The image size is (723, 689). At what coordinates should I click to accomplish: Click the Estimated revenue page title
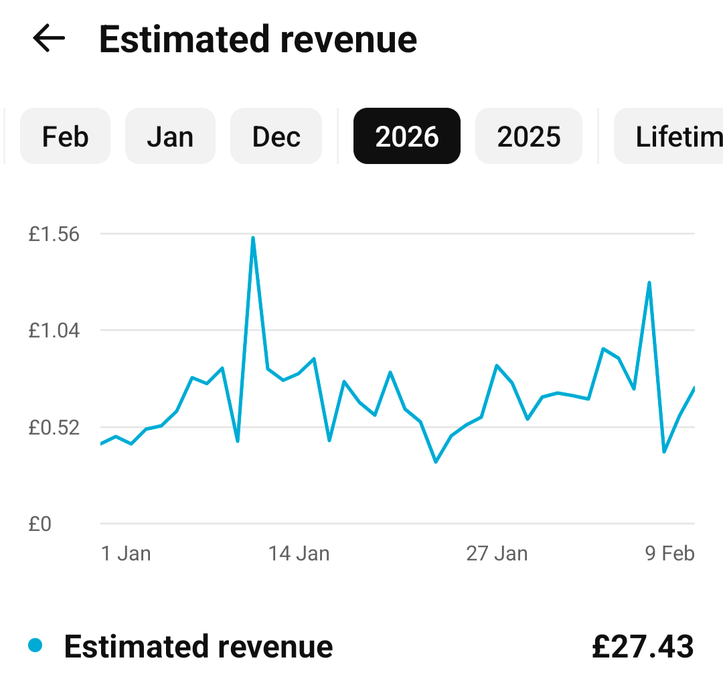(x=258, y=40)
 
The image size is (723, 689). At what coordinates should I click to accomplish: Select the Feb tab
(x=65, y=137)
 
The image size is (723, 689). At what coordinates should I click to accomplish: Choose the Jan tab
(x=170, y=137)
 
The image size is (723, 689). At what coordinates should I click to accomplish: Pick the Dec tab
(x=276, y=137)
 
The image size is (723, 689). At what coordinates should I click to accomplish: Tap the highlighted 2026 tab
(x=407, y=137)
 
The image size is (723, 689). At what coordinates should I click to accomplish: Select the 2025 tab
(x=529, y=137)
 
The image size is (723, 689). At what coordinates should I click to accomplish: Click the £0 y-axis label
(x=40, y=524)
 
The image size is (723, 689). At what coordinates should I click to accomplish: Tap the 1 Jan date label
(x=126, y=554)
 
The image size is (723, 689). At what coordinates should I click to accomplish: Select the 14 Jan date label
(x=299, y=554)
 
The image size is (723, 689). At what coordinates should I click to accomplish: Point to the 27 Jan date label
(x=497, y=554)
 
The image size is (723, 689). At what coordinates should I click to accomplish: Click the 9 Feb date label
(x=669, y=554)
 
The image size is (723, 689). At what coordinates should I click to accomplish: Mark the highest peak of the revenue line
(x=253, y=238)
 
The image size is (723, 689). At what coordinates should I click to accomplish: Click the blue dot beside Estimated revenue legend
(x=35, y=646)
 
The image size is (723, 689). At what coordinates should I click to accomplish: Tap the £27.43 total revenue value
(x=643, y=647)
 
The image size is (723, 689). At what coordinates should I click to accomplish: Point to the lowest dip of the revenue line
(x=436, y=462)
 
